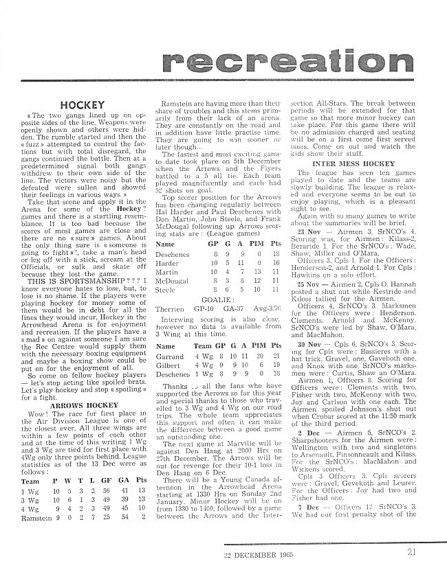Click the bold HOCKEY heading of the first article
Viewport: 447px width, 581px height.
[x=82, y=104]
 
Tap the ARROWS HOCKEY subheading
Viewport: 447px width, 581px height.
[x=82, y=405]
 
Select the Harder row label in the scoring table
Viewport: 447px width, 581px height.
[x=168, y=262]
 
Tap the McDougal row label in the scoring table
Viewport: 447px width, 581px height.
[x=172, y=280]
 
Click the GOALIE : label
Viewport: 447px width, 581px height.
[x=218, y=299]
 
